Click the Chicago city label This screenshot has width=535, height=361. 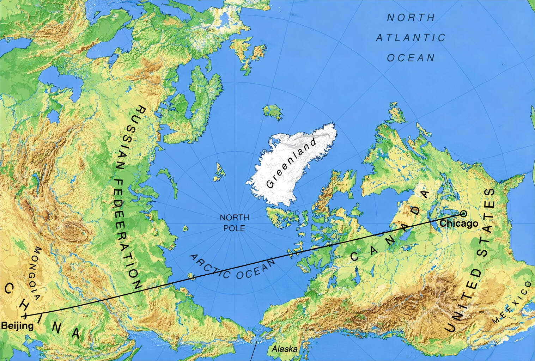pyautogui.click(x=459, y=224)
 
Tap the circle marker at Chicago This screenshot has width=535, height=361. pyautogui.click(x=463, y=213)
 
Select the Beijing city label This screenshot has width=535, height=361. pyautogui.click(x=17, y=325)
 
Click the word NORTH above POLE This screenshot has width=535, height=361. pyautogui.click(x=234, y=218)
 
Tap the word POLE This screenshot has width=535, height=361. pyautogui.click(x=234, y=228)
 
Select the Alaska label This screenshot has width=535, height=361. pyautogui.click(x=284, y=349)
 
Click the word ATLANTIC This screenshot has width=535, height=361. pyautogui.click(x=411, y=38)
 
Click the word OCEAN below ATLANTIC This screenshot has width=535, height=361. pyautogui.click(x=411, y=57)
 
